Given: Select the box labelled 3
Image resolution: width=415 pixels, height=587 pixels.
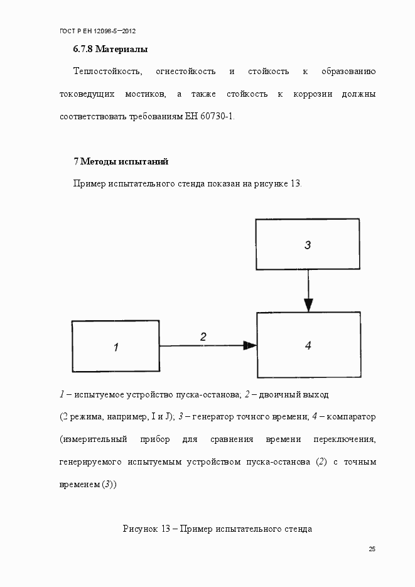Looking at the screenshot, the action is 307,244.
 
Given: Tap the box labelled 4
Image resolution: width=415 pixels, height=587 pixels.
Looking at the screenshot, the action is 308,345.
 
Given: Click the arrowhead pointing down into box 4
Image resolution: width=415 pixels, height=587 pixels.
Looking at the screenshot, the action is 308,306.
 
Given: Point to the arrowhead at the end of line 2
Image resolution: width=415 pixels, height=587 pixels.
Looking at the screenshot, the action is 250,345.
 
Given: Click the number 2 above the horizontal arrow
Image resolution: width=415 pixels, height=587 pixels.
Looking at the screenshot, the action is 203,337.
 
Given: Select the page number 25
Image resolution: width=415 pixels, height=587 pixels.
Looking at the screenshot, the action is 372,549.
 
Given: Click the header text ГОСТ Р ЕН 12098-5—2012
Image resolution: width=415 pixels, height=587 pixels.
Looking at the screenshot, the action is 97,30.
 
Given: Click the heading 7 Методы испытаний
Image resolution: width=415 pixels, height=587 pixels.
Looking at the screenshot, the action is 121,161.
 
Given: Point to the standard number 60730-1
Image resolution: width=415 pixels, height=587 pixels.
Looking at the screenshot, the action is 217,117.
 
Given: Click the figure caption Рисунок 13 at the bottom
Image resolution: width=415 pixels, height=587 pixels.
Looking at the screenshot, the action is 217,529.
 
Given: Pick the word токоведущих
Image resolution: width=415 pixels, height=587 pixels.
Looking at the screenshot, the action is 87,94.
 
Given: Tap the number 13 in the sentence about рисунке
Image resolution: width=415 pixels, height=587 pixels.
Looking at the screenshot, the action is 296,184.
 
